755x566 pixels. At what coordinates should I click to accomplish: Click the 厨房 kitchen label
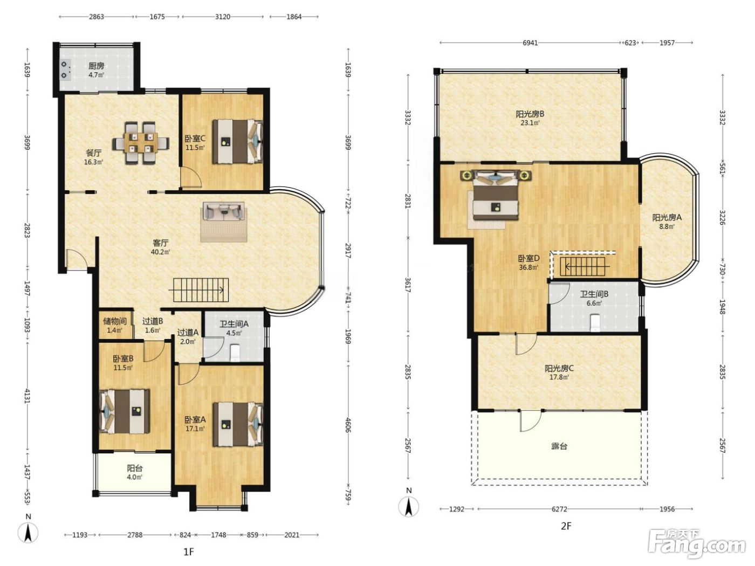pos(97,66)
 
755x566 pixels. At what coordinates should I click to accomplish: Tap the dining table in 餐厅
pos(141,143)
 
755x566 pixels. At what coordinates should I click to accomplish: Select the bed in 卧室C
pos(237,141)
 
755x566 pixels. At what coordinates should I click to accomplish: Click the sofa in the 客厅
pos(224,211)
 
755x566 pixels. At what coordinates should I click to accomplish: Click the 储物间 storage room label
pos(115,321)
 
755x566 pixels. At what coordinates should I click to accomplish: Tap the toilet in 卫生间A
pos(235,352)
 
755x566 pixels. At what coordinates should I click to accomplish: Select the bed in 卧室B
pos(125,411)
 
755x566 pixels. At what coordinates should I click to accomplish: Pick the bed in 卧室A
pos(238,424)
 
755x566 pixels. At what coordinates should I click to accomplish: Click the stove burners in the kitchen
pos(65,70)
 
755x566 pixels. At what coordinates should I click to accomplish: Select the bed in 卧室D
pos(496,195)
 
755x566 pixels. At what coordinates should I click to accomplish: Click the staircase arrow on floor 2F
pos(587,266)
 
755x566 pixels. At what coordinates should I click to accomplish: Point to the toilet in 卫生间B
pos(595,323)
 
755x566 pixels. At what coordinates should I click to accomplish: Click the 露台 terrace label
pos(559,446)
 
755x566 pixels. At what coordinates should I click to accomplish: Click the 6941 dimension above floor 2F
pos(530,43)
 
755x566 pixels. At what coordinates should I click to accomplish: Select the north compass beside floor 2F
pos(409,506)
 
